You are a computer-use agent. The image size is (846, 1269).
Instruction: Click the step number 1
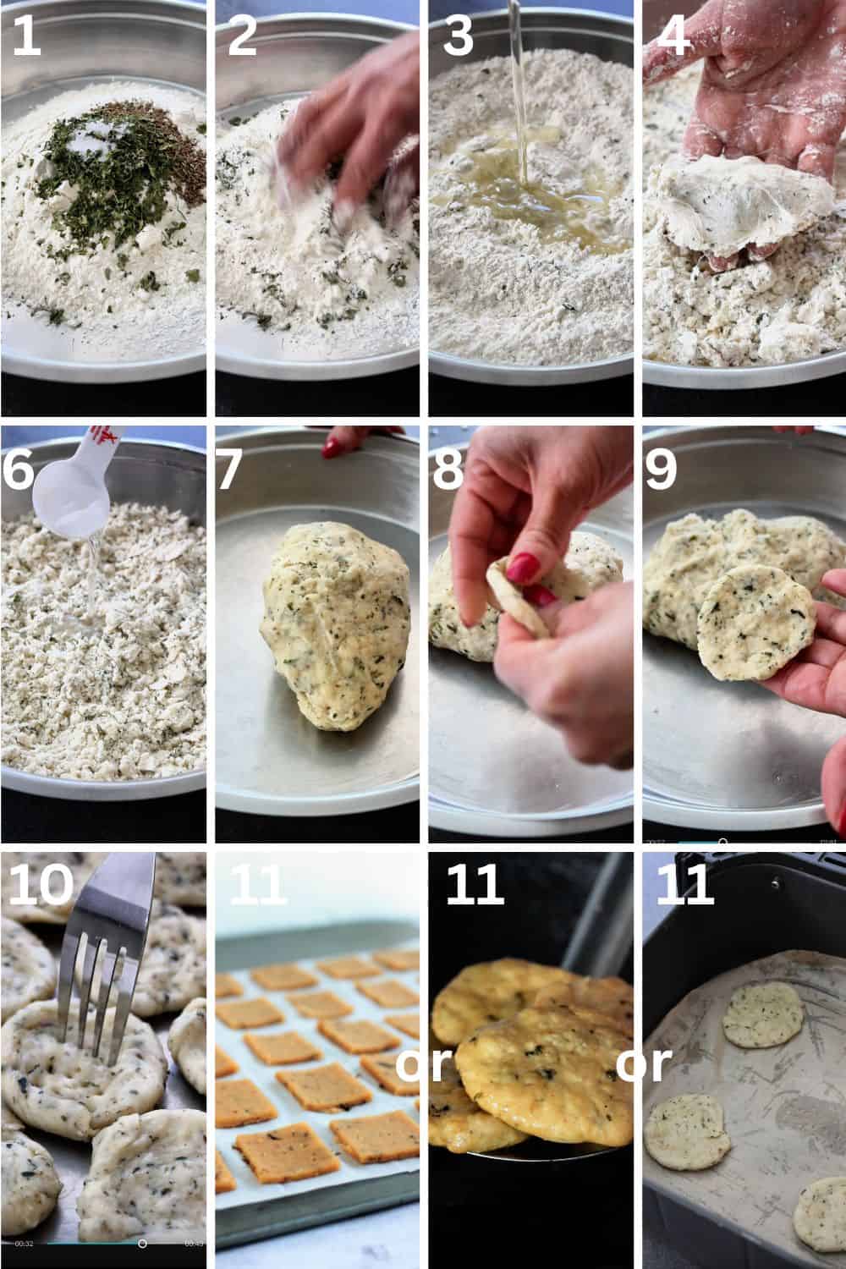coord(26,36)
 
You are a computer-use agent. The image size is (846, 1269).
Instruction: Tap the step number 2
coord(243,36)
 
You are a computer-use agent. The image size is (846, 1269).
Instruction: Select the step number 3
coord(458,36)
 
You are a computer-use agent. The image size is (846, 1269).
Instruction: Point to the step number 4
coord(674,36)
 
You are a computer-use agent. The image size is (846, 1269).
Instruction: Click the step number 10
coord(41,884)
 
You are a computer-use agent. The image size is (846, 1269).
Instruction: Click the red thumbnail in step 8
coord(523,569)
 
